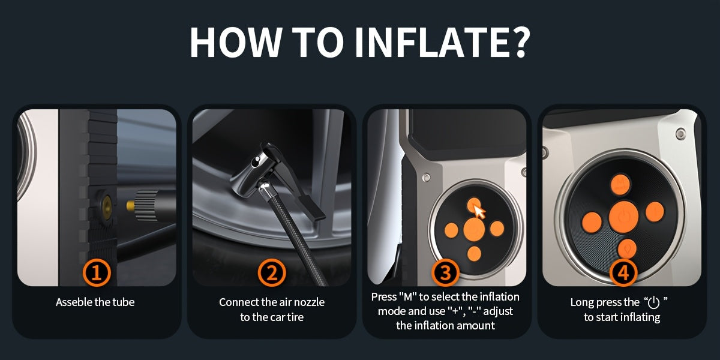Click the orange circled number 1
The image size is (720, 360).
click(97, 272)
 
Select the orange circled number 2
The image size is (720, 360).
click(272, 272)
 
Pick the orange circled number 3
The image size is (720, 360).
click(445, 272)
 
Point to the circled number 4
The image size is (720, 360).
click(623, 272)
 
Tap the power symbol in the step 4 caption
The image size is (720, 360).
click(654, 302)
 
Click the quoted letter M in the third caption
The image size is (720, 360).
click(407, 296)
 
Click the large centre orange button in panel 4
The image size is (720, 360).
click(623, 217)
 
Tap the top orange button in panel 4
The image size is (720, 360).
click(620, 185)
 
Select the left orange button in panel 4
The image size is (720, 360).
click(592, 223)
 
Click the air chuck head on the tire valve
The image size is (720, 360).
click(254, 170)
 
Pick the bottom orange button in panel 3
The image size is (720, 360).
click(474, 254)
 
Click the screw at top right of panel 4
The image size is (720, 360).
click(680, 133)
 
